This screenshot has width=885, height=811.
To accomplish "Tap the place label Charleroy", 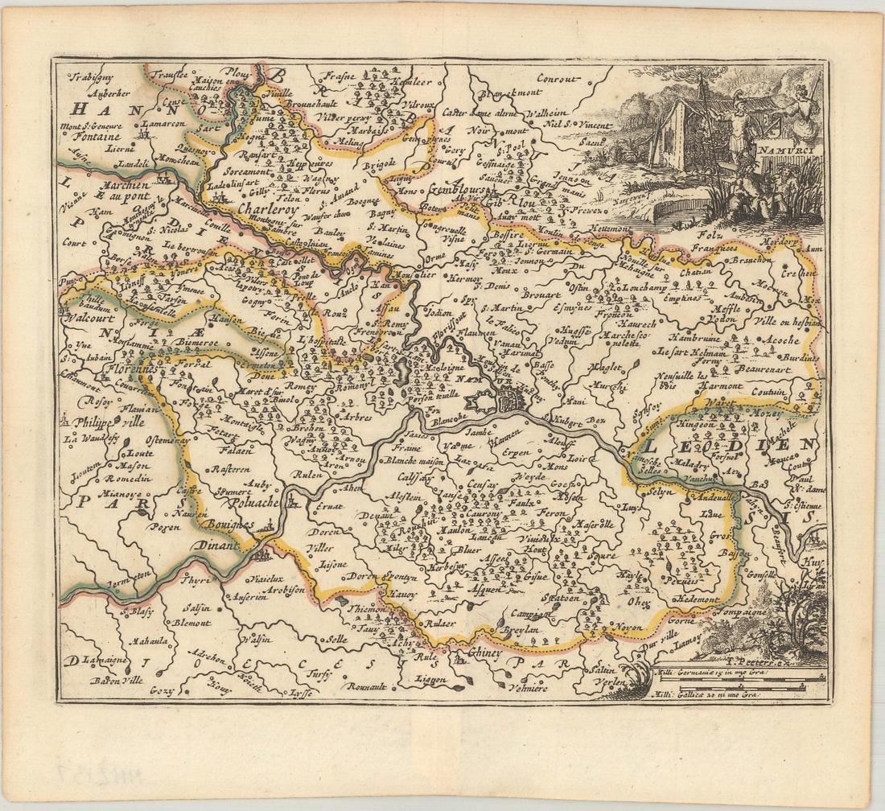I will pos(270,207).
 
